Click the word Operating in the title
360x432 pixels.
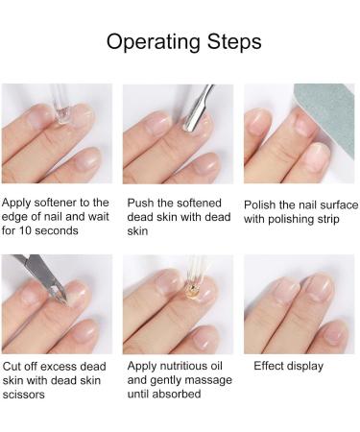150,42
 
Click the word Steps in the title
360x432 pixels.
229,42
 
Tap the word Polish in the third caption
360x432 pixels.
263,204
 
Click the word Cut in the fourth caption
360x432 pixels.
12,366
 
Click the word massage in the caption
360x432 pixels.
201,379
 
